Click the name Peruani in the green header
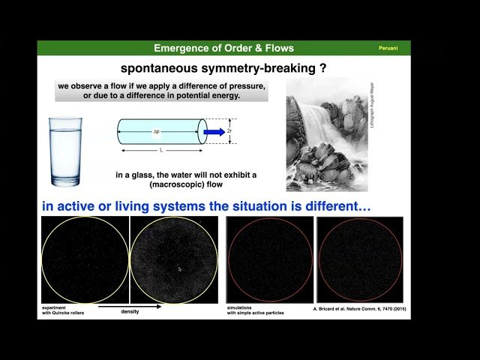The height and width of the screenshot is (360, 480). (387, 48)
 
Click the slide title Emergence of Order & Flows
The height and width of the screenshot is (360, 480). (223, 48)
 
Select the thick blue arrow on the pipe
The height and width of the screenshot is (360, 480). (214, 132)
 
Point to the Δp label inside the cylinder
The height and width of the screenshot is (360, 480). (157, 132)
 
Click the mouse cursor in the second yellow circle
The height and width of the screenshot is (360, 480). (179, 268)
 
